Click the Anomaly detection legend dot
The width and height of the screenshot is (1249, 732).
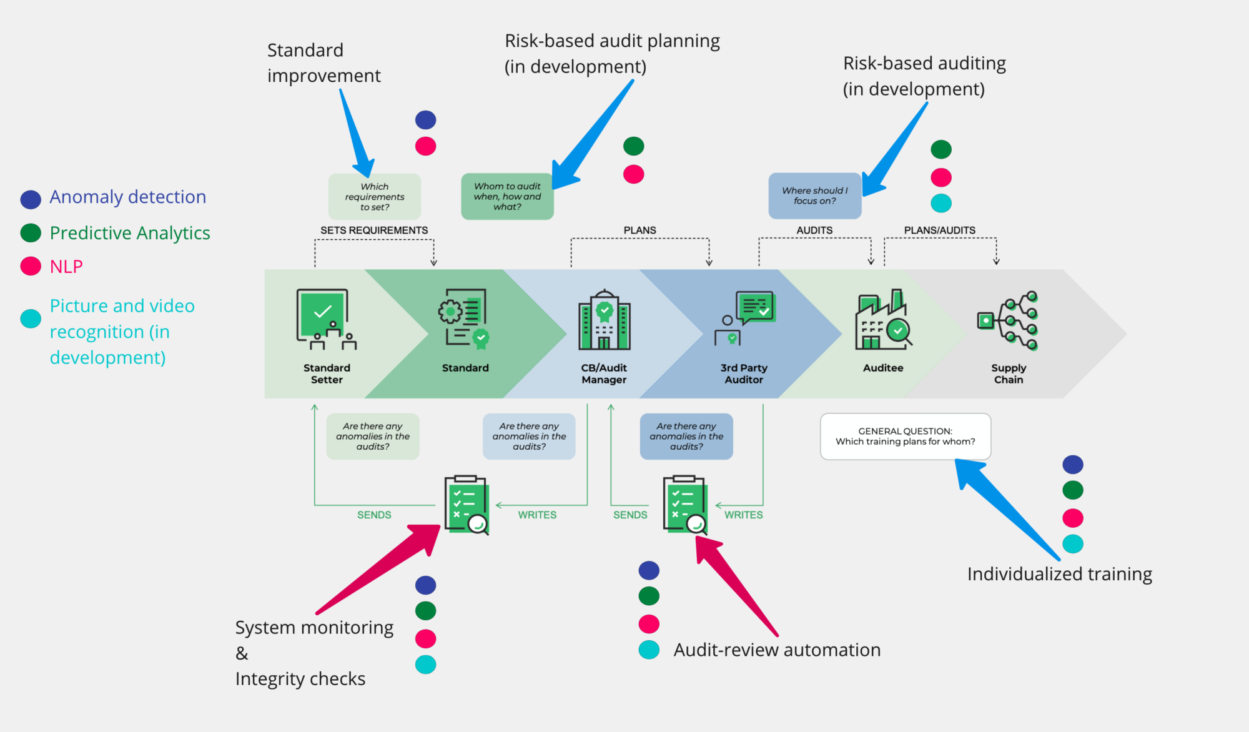pyautogui.click(x=31, y=199)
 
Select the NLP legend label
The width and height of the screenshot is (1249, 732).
pyautogui.click(x=66, y=267)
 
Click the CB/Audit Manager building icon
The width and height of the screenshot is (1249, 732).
pyautogui.click(x=604, y=320)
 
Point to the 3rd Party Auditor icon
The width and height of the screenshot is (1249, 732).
pyautogui.click(x=745, y=318)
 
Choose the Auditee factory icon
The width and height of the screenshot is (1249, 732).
pyautogui.click(x=882, y=320)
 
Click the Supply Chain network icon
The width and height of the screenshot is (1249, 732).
pyautogui.click(x=1008, y=320)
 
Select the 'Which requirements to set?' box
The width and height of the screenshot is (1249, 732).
pyautogui.click(x=374, y=197)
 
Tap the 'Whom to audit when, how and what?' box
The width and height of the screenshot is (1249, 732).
pyautogui.click(x=507, y=197)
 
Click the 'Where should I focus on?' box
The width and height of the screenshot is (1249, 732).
pyautogui.click(x=814, y=196)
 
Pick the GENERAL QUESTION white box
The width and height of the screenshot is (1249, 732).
pyautogui.click(x=905, y=437)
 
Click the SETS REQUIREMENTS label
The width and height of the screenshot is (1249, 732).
pyautogui.click(x=374, y=230)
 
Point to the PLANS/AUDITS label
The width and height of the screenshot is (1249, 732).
pyautogui.click(x=939, y=230)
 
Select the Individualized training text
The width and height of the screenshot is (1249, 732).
pyautogui.click(x=1059, y=574)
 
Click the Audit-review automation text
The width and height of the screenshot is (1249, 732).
pyautogui.click(x=777, y=650)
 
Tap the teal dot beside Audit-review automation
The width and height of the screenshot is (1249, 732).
pyautogui.click(x=649, y=650)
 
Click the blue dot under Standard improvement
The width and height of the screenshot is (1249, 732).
pyautogui.click(x=425, y=120)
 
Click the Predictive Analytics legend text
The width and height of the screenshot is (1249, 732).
pyautogui.click(x=130, y=233)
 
